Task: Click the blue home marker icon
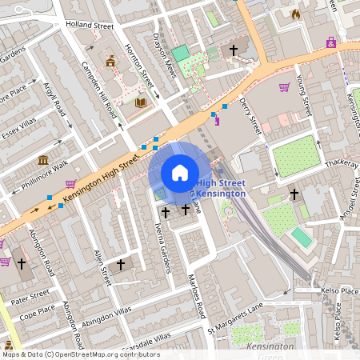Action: pos(179,173)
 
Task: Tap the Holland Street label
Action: pos(90,26)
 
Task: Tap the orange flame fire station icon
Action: pos(296,14)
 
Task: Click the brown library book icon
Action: pos(141,102)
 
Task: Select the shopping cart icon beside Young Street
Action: pos(284,87)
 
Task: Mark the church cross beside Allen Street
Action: pos(121,264)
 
